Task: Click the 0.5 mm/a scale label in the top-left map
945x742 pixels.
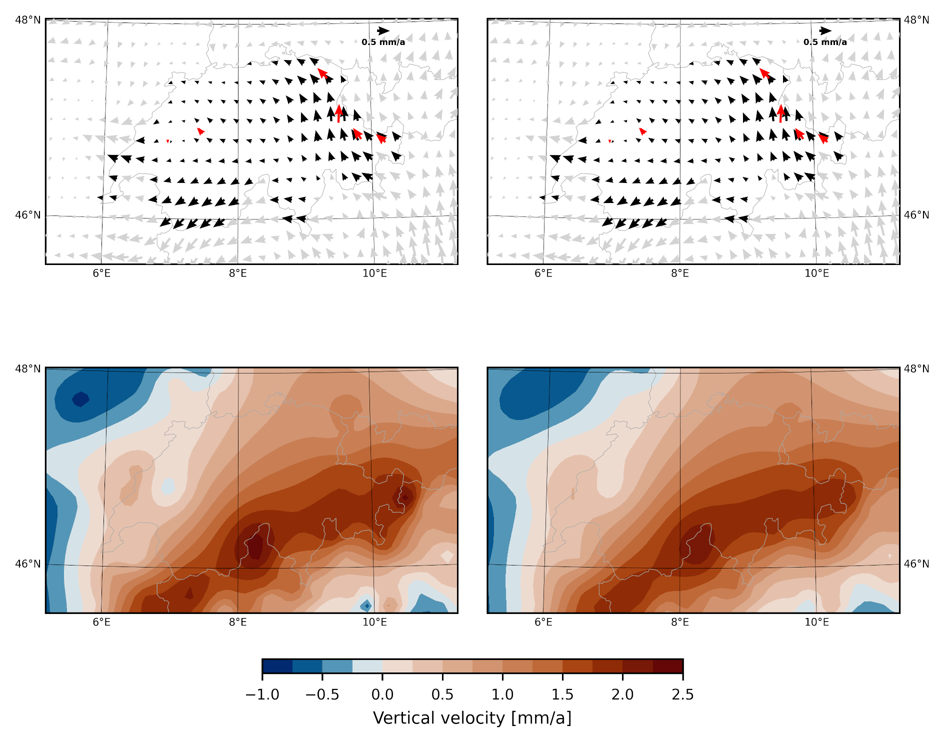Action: [383, 42]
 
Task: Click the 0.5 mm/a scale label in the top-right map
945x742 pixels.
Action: [825, 42]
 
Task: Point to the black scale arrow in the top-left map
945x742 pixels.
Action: [383, 31]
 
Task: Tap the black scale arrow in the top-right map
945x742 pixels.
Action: [825, 31]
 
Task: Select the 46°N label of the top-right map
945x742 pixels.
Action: [916, 215]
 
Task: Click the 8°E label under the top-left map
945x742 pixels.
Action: [238, 273]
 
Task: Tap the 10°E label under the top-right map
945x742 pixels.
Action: [816, 273]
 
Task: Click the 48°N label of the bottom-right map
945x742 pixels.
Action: [916, 369]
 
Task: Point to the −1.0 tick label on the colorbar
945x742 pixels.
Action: [262, 694]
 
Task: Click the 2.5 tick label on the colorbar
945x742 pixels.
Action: [682, 694]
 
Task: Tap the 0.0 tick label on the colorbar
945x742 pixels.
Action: [382, 694]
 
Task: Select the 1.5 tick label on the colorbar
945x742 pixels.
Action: [562, 694]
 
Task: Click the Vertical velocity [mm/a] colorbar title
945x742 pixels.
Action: [472, 718]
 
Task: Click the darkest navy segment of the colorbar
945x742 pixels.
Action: [277, 666]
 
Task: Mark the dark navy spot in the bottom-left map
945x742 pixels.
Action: [80, 399]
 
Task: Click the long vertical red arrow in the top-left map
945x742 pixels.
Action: [339, 113]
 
